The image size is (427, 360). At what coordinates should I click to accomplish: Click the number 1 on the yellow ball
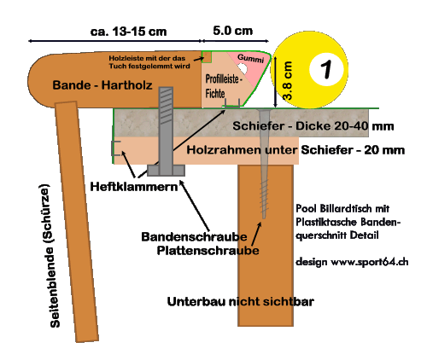(326, 69)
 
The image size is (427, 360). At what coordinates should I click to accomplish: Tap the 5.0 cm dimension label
(233, 31)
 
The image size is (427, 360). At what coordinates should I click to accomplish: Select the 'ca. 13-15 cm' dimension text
(128, 32)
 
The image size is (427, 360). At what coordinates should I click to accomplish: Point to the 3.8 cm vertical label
(288, 80)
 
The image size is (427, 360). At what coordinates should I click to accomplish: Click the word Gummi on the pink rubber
(250, 58)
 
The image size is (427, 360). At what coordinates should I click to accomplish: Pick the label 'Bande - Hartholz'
(102, 85)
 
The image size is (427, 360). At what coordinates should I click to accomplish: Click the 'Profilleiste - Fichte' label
(224, 86)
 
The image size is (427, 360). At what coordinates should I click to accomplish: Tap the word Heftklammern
(134, 187)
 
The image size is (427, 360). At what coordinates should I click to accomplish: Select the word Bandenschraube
(194, 237)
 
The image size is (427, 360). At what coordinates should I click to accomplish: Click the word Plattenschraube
(208, 251)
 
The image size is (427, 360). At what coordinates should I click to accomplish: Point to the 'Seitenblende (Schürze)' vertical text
(52, 256)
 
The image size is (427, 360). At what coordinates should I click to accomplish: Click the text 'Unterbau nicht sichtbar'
(241, 302)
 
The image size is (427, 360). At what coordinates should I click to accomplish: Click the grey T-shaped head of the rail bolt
(166, 171)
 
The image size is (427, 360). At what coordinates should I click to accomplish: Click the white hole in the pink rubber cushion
(243, 67)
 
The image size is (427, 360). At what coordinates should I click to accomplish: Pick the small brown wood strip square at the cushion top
(207, 57)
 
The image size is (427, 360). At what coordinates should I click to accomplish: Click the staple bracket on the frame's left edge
(116, 148)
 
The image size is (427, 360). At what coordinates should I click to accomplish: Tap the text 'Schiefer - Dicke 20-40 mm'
(313, 126)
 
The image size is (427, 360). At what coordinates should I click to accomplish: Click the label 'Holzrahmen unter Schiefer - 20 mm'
(295, 150)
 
